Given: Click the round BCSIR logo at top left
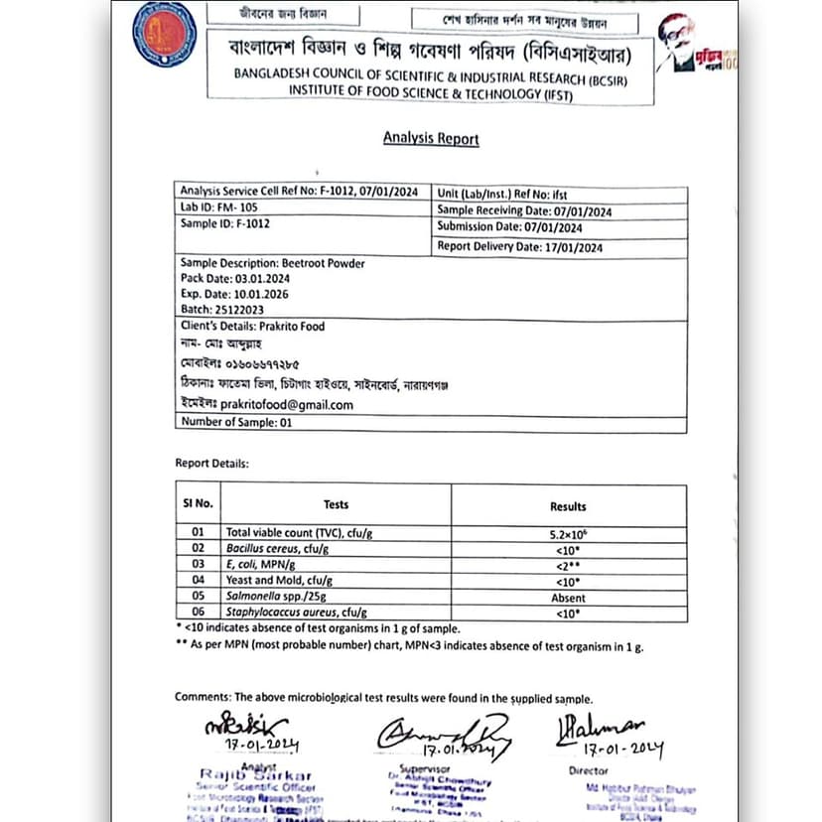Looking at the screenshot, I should tap(164, 36).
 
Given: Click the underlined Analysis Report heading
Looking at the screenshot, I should tap(431, 138).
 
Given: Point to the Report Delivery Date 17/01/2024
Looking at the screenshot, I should tap(520, 247).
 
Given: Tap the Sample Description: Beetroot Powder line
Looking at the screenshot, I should tap(272, 263).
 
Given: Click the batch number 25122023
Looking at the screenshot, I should tap(243, 310).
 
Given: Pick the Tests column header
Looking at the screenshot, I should tap(336, 504).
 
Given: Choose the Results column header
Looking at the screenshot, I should tap(567, 505).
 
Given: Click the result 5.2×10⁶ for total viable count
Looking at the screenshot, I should tap(567, 533).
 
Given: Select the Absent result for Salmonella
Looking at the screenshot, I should tap(568, 598).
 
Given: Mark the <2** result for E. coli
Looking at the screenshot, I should tap(567, 565).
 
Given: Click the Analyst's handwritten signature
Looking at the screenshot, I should tap(244, 727).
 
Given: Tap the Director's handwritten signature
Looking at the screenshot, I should tap(600, 730).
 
